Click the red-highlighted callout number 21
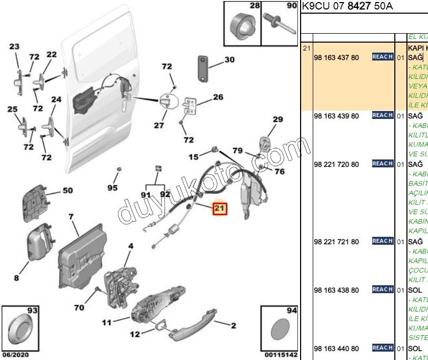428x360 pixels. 219,209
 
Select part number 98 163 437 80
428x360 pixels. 336,57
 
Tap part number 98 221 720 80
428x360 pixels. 336,165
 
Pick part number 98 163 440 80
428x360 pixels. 336,348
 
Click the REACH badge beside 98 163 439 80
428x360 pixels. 383,115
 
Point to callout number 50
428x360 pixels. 68,191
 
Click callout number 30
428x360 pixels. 230,59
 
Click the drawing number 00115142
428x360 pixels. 281,355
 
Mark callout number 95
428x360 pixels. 113,188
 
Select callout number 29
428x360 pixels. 277,119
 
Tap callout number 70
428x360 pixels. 79,308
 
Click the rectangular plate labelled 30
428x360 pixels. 204,68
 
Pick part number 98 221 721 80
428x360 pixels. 336,242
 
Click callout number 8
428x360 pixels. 16,278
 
